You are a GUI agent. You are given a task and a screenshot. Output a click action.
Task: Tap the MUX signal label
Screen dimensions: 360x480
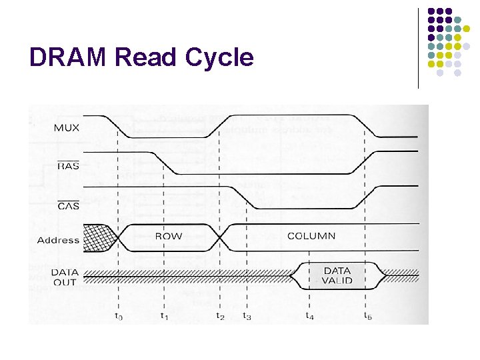pos(67,127)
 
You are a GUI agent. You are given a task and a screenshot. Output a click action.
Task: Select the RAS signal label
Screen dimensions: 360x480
pos(69,165)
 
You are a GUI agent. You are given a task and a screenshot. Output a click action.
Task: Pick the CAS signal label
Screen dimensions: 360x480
pos(69,205)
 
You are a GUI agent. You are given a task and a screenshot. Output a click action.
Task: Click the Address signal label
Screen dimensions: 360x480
pos(58,240)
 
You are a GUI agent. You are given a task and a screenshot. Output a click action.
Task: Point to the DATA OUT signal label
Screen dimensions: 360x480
pos(65,277)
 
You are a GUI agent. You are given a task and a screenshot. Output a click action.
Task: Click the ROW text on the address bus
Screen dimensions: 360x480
pos(168,236)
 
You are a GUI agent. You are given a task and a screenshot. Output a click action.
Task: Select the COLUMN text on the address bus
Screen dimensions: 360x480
pos(311,236)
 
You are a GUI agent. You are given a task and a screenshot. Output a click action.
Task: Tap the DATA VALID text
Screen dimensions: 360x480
pos(337,275)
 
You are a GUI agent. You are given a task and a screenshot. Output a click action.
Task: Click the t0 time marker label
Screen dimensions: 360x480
pos(118,316)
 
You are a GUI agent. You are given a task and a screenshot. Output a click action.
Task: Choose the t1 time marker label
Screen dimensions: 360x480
pos(165,316)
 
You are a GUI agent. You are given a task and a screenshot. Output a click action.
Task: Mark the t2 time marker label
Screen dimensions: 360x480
pos(220,316)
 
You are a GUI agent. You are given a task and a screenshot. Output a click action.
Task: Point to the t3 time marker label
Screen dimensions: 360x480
pos(247,316)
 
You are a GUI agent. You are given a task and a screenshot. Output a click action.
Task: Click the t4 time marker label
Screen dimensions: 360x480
pos(309,316)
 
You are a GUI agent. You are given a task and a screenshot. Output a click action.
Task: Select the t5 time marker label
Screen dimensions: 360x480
pos(367,316)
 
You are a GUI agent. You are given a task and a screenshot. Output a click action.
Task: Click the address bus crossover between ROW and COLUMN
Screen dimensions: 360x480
pos(221,237)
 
